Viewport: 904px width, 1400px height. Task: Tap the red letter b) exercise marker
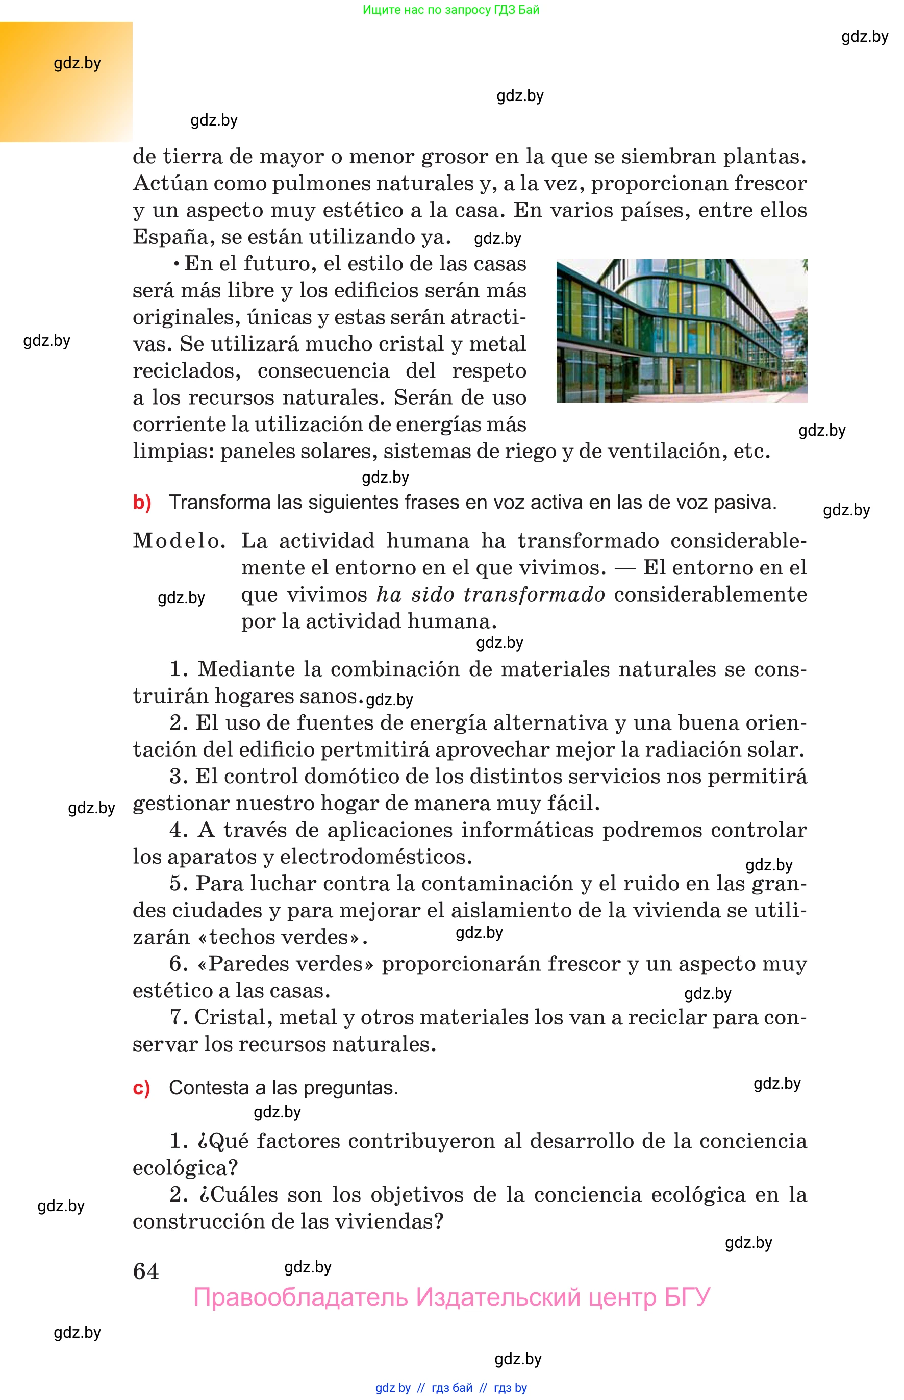142,503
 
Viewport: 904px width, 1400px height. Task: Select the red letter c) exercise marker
141,1088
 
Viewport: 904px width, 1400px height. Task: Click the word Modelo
179,541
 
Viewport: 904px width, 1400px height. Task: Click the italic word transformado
534,594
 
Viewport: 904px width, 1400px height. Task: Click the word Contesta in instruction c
209,1088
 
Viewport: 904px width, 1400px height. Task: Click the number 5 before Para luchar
176,884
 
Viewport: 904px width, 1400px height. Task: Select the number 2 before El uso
176,723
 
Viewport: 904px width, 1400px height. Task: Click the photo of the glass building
682,331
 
